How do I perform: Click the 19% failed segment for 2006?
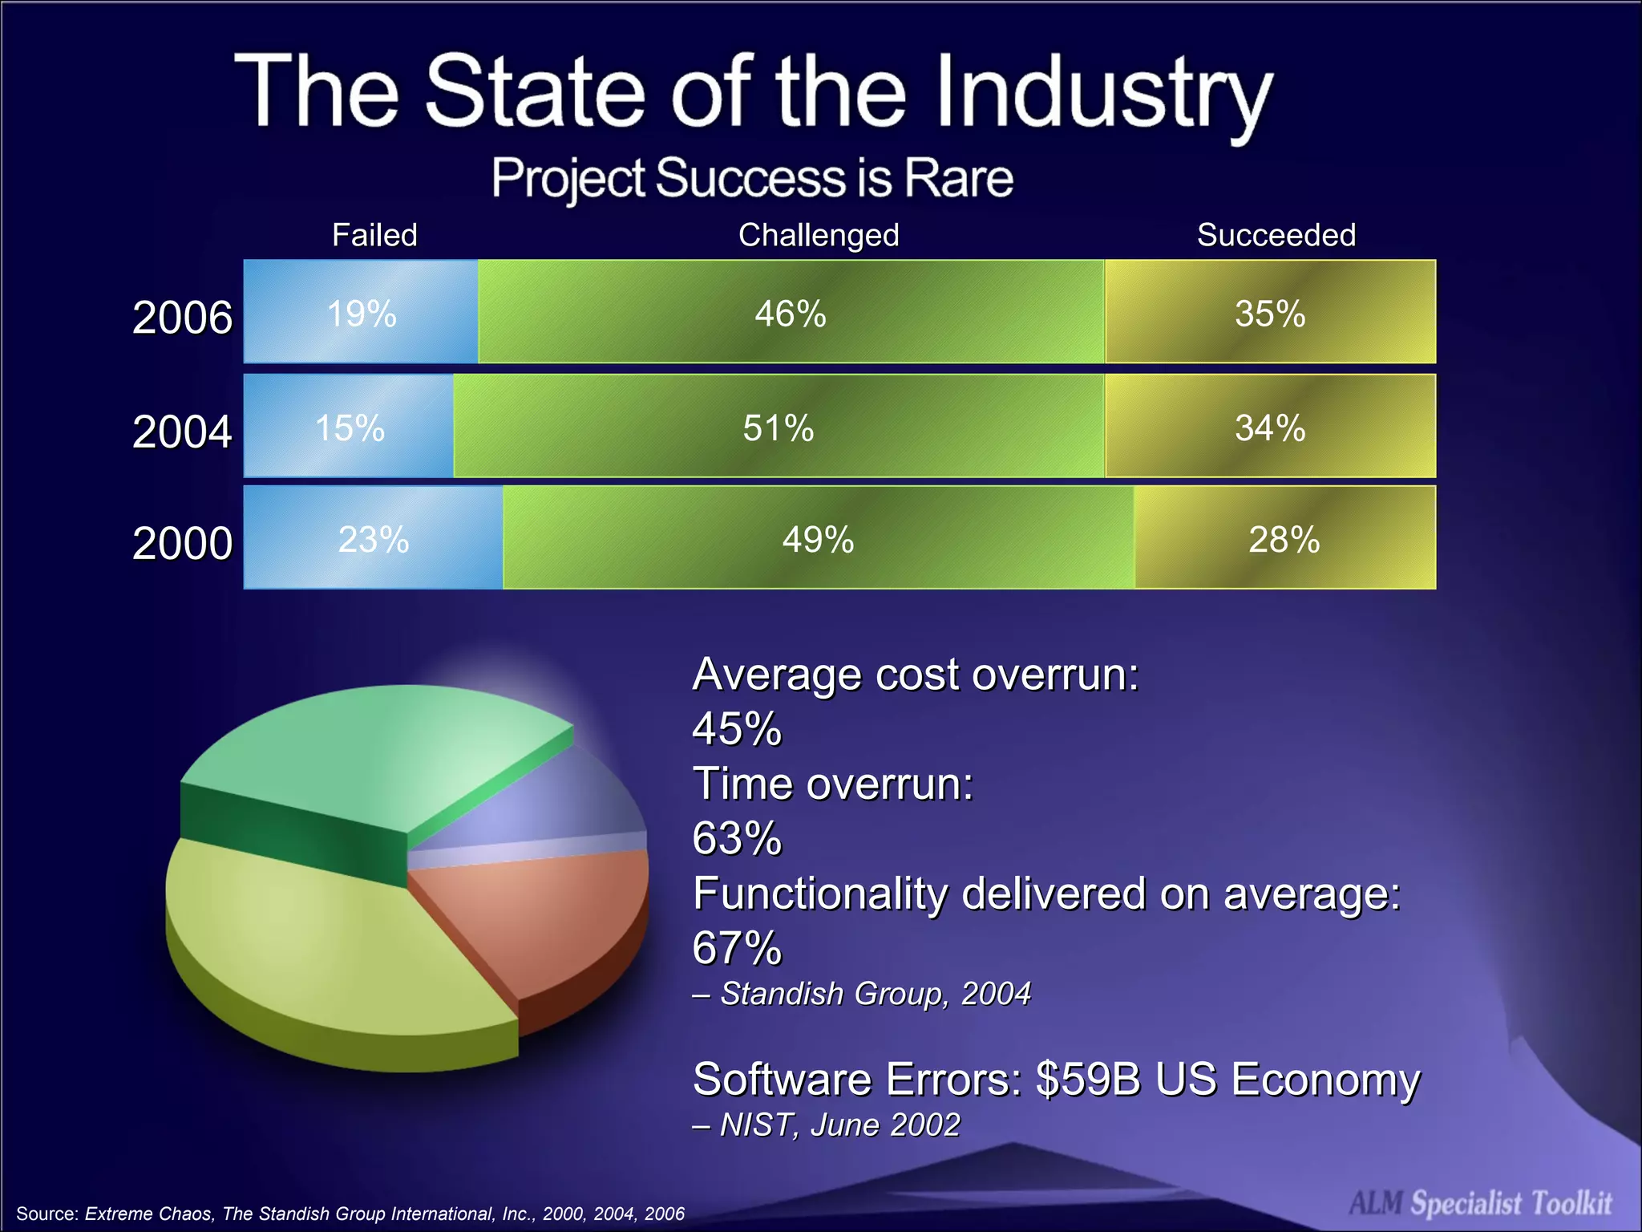(x=361, y=312)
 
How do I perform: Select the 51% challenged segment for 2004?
(x=778, y=427)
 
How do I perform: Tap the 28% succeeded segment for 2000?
(x=1284, y=538)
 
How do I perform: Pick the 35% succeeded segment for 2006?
(x=1270, y=312)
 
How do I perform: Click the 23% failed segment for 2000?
(x=374, y=538)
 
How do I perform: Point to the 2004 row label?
(x=182, y=432)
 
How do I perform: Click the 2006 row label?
(x=182, y=317)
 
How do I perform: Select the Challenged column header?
(x=819, y=235)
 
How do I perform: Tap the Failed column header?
(x=374, y=235)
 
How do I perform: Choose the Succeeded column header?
(x=1276, y=235)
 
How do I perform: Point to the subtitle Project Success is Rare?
(x=752, y=177)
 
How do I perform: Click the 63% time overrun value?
(x=736, y=838)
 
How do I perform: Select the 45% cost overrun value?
(x=736, y=728)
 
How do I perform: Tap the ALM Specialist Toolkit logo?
(x=1480, y=1202)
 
